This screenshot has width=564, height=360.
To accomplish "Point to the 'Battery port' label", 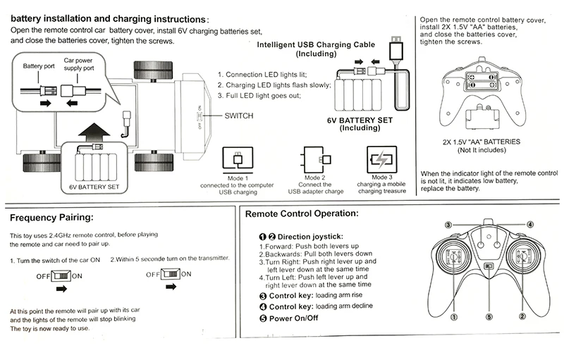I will (x=38, y=66).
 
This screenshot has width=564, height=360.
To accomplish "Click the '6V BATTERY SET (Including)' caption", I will (x=360, y=125).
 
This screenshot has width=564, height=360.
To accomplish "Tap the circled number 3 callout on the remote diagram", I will (x=448, y=224).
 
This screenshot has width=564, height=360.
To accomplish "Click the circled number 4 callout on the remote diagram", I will (x=529, y=224).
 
